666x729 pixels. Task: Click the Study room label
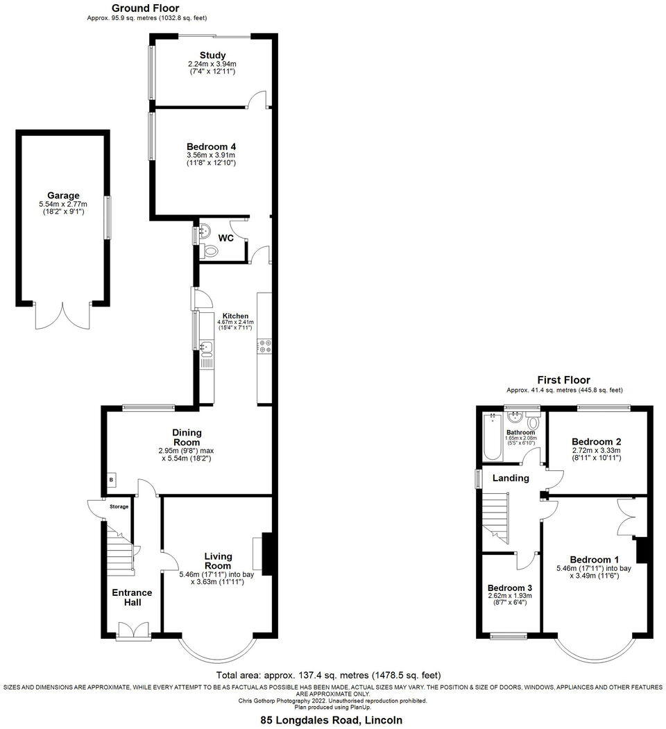coord(212,55)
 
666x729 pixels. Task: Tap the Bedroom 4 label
coord(212,147)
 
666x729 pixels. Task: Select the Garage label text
coord(63,196)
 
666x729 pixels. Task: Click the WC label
coord(225,238)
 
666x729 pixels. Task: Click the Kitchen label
coord(234,316)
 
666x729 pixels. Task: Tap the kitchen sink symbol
coord(206,347)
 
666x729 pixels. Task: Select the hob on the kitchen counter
coord(264,345)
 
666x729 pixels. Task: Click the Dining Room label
coord(187,437)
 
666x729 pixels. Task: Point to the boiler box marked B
coord(110,479)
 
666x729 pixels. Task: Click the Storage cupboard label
coord(119,507)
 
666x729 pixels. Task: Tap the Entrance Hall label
coord(132,597)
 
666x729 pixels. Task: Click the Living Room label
coord(218,560)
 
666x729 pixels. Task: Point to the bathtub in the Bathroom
coord(492,437)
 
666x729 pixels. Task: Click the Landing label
coord(511,478)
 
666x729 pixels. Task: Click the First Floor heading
coord(563,380)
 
